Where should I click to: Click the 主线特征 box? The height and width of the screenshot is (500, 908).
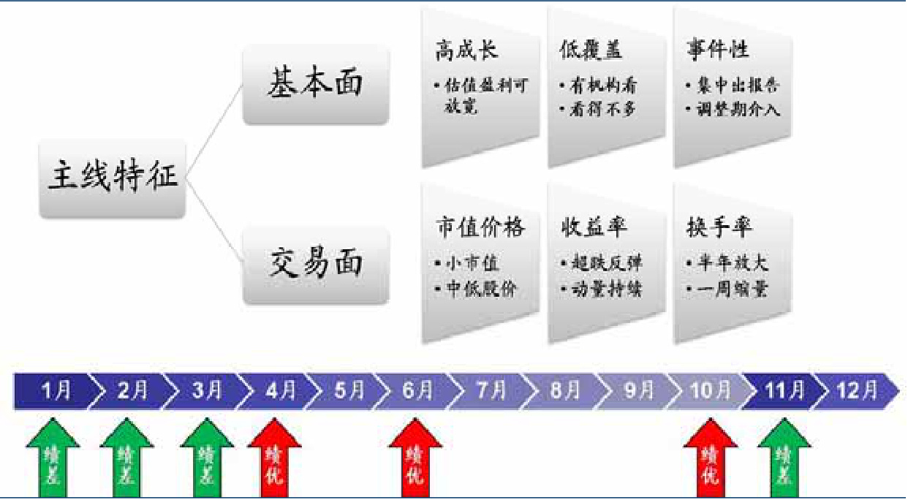point(113,178)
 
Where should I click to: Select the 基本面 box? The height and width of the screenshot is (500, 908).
point(316,83)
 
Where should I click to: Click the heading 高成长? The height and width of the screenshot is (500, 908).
point(466,50)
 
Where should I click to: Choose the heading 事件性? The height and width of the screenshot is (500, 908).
point(717,50)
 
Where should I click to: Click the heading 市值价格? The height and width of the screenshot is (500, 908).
point(480,227)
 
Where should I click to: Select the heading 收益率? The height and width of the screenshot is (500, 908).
point(594,227)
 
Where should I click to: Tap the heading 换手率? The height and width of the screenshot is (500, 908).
point(719,227)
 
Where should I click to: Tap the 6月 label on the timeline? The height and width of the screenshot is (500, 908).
point(417,391)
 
